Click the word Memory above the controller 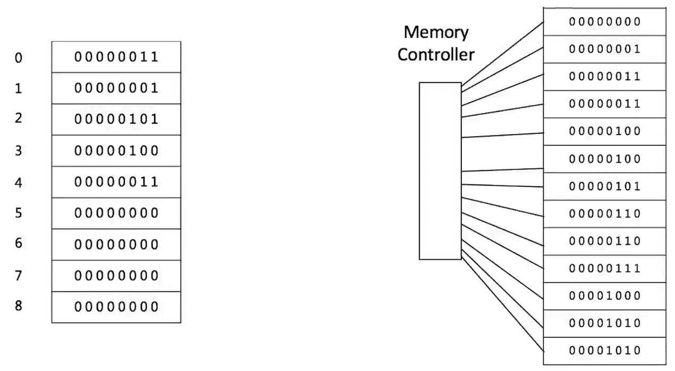tap(436, 32)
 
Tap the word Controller tap(436, 54)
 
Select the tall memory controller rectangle tap(440, 171)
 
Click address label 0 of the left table tap(19, 57)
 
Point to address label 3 tap(19, 151)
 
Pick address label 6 tap(19, 243)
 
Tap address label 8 tap(19, 306)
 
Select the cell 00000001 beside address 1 tap(116, 88)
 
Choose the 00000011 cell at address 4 tap(116, 182)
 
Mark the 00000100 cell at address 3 tap(116, 151)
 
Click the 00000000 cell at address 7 tap(116, 276)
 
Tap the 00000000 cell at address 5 tap(116, 214)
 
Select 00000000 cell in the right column tap(604, 22)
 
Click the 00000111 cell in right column tap(604, 268)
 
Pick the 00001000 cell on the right tap(604, 296)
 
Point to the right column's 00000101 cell tap(604, 187)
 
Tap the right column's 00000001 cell tap(604, 49)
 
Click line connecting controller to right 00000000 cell tap(502, 53)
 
